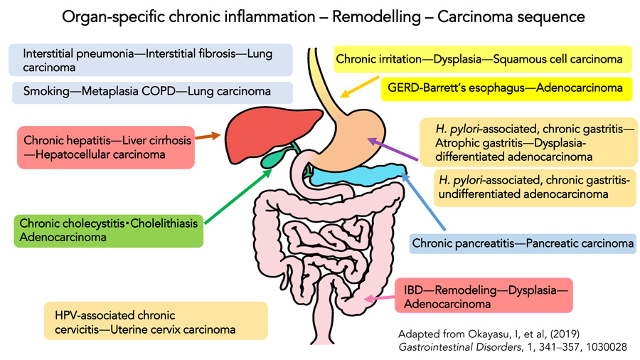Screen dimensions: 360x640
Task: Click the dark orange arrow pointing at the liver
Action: click(206, 137)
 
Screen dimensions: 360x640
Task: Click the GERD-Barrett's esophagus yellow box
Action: click(507, 89)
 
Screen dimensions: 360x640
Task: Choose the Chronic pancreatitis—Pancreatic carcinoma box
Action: click(523, 245)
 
